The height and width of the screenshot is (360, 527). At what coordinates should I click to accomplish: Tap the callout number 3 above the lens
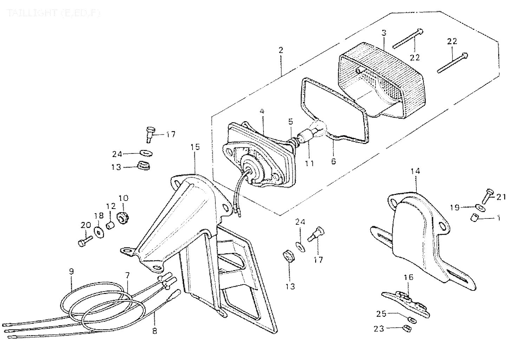(x=384, y=33)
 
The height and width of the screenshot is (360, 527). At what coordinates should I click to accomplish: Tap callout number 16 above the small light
(x=408, y=277)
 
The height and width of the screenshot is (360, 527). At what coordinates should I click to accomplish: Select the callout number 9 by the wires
(x=71, y=271)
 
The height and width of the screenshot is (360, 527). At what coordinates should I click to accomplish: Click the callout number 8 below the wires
(x=155, y=330)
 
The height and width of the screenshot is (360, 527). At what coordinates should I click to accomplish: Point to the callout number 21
(x=501, y=197)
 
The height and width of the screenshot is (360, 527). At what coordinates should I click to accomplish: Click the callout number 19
(x=455, y=208)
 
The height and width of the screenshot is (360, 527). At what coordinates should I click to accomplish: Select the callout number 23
(x=379, y=329)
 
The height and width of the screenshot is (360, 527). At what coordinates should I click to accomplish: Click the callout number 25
(x=382, y=314)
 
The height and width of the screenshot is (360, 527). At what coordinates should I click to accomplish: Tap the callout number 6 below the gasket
(x=333, y=161)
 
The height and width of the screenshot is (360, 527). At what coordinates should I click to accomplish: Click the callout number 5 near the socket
(x=290, y=122)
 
